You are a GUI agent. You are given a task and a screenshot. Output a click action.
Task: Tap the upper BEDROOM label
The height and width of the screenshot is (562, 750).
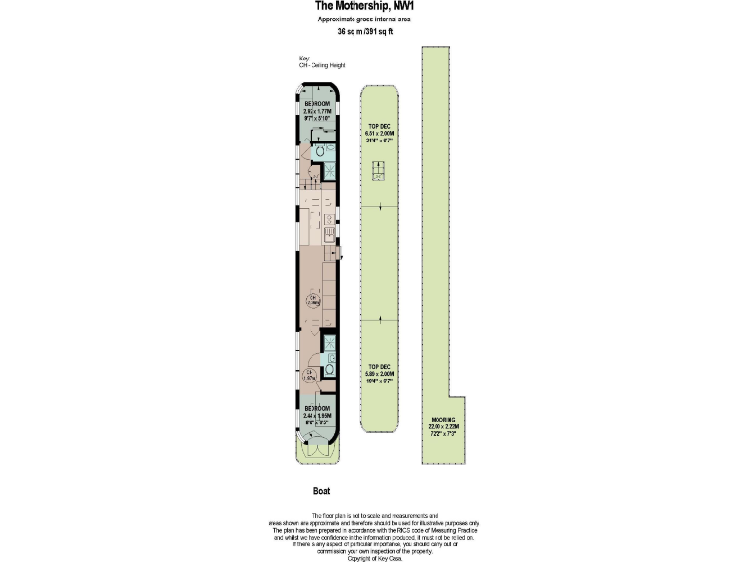click(x=317, y=104)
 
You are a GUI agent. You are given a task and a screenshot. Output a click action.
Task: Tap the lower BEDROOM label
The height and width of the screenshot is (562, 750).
click(x=317, y=408)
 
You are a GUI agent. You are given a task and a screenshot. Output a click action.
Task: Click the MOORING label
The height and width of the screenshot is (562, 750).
click(x=441, y=420)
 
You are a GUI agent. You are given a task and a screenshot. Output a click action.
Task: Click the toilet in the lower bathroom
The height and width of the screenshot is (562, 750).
click(x=329, y=370)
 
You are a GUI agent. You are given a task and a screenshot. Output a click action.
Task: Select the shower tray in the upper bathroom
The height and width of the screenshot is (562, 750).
click(x=329, y=170)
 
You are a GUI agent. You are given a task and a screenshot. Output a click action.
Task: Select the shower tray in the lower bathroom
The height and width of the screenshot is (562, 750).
click(x=329, y=345)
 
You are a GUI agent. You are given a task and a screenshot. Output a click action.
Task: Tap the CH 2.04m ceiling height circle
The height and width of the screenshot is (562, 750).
click(x=313, y=300)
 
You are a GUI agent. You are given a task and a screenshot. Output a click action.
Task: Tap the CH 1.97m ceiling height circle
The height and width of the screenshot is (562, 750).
click(x=309, y=374)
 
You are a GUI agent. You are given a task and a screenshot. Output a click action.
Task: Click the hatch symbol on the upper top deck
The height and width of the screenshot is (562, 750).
click(x=379, y=174)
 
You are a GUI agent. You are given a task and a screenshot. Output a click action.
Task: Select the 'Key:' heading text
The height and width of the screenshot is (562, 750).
click(x=304, y=59)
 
